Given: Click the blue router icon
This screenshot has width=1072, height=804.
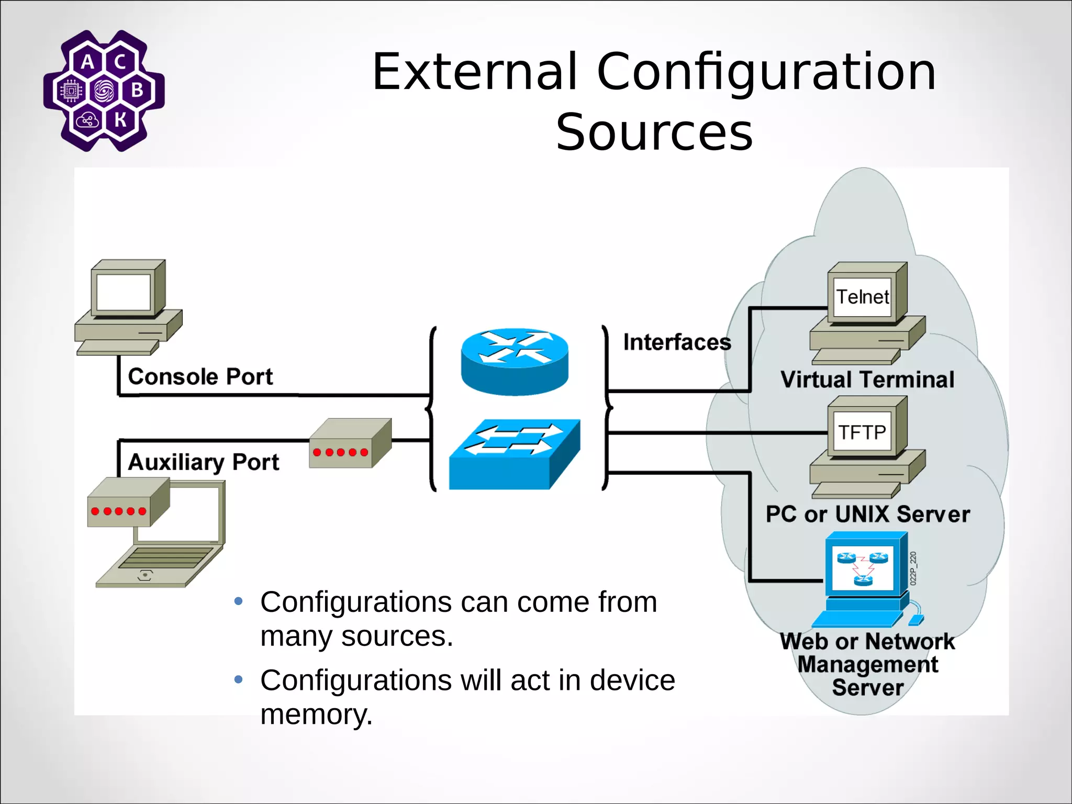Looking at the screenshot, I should (515, 361).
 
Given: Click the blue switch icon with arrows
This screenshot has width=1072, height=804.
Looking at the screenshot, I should (515, 454).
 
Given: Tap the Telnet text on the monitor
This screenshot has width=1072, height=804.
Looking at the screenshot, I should (862, 297).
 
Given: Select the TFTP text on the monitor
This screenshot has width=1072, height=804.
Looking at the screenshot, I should (862, 432).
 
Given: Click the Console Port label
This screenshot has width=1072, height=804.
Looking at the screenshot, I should (200, 377).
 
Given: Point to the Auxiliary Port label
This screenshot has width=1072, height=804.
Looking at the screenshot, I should (204, 462).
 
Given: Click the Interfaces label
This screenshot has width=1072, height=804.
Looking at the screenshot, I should (677, 342).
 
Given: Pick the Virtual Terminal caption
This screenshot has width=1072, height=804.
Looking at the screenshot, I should (867, 379).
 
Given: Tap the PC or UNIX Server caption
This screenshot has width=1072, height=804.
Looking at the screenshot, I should (867, 514).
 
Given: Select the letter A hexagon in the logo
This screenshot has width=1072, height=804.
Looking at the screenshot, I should (88, 62).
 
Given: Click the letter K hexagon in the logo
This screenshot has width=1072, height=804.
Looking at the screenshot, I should (120, 119).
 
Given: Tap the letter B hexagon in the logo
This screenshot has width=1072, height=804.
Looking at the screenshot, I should (137, 90).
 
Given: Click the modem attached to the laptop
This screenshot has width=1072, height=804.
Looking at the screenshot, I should (128, 502).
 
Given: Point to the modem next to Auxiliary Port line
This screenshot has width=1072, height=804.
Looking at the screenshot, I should (350, 443).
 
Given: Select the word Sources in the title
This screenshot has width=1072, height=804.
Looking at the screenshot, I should (654, 132).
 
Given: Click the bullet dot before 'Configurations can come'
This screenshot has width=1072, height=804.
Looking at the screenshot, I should (239, 601).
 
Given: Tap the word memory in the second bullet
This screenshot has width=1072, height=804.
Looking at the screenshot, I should (316, 714).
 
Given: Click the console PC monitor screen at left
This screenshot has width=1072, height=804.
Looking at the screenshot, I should (124, 292).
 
